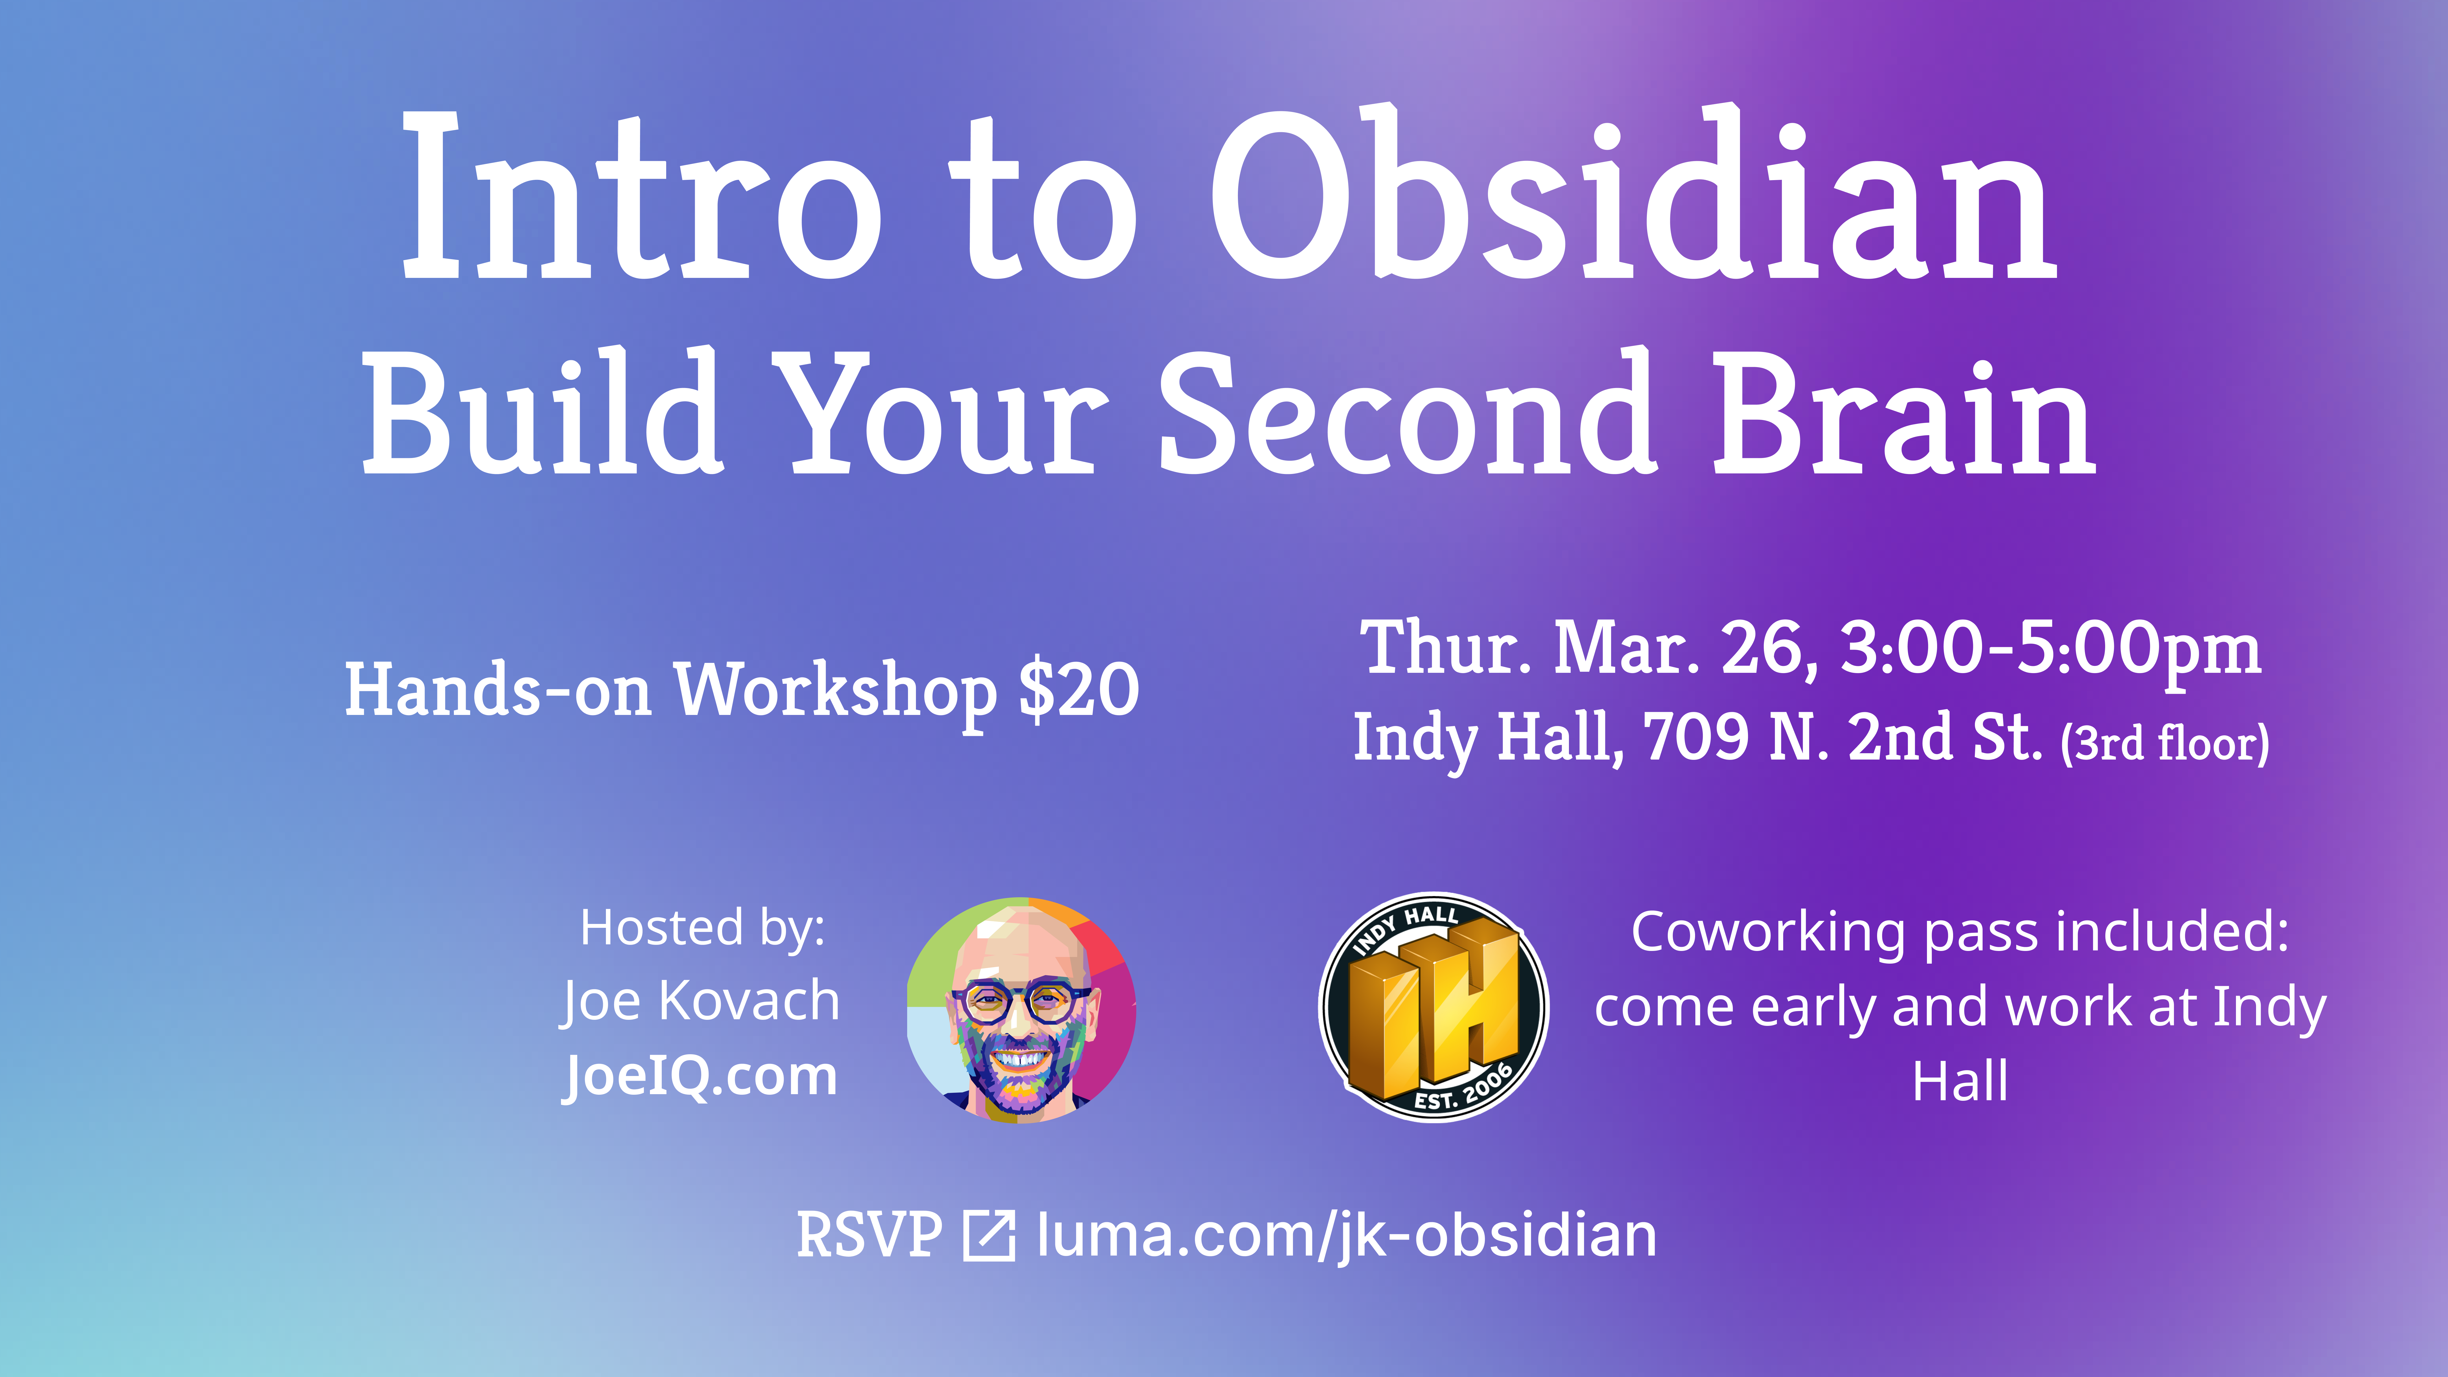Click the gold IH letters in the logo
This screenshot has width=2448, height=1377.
coord(1435,1007)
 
